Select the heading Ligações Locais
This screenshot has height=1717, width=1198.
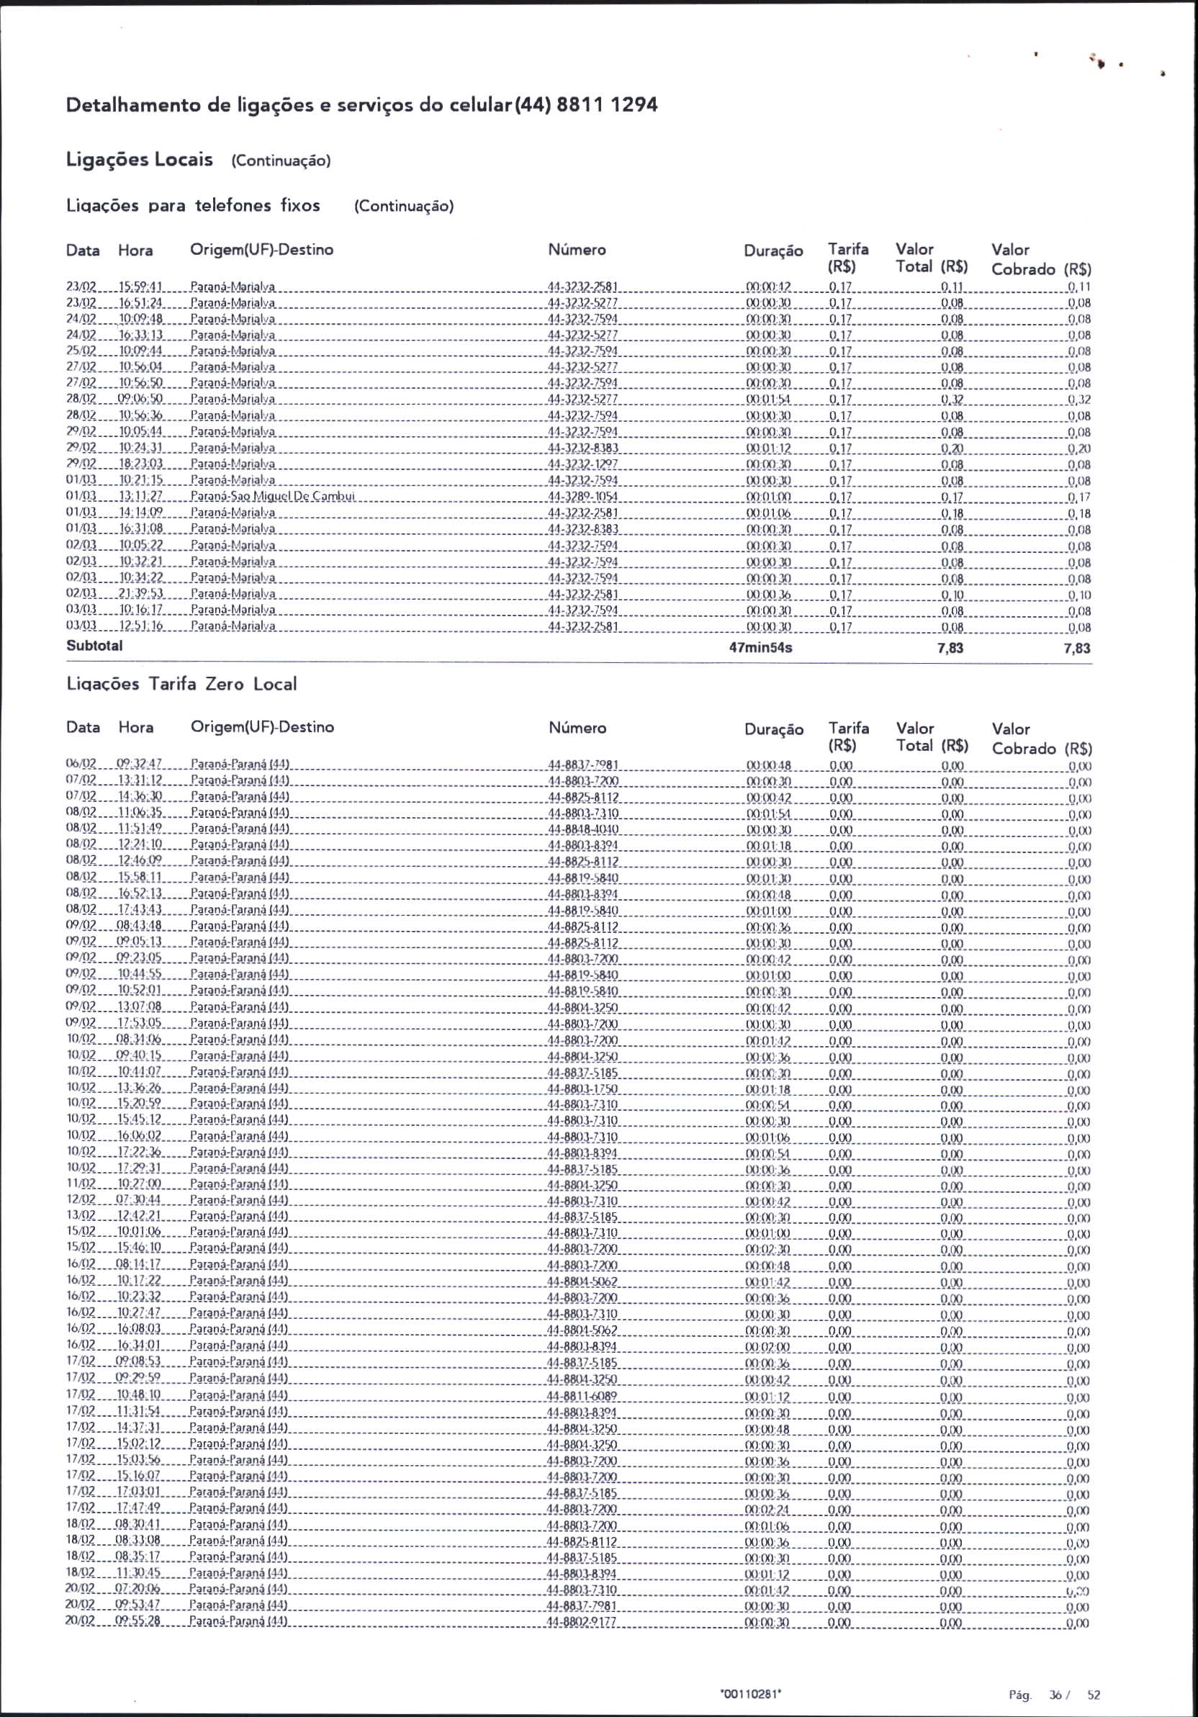click(x=140, y=159)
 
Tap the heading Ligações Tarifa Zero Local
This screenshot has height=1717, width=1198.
click(x=181, y=683)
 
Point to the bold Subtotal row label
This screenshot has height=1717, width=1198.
click(x=94, y=645)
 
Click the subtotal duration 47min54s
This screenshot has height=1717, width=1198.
click(x=760, y=648)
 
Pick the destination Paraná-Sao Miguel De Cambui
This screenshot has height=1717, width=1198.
click(x=272, y=497)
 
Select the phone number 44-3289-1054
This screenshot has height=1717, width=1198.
click(x=582, y=497)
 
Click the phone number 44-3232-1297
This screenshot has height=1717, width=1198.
click(x=582, y=464)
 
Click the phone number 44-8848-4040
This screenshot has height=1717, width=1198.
click(x=582, y=829)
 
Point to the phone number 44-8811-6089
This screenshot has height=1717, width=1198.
click(x=582, y=1397)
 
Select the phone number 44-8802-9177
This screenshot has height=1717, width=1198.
click(x=582, y=1623)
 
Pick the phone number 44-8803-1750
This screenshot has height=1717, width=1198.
click(x=582, y=1089)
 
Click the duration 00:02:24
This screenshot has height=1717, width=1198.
click(x=768, y=1510)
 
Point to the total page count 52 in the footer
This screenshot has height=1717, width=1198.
click(x=1094, y=1695)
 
